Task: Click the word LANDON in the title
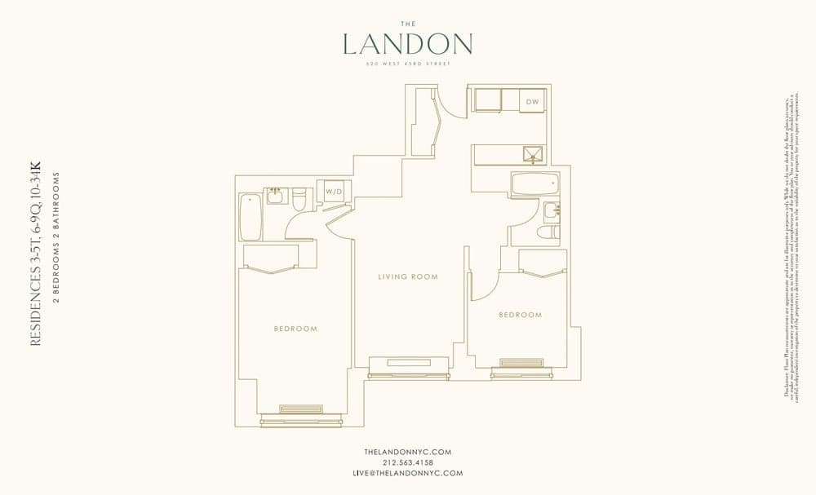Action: coord(407,43)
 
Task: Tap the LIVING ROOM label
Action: coord(408,277)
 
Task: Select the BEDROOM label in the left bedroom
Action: coord(295,329)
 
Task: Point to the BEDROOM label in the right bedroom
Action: coord(520,315)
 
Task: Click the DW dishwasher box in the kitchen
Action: coord(533,101)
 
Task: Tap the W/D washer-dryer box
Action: coord(335,192)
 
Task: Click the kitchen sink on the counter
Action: coord(533,154)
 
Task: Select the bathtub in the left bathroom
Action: coord(250,216)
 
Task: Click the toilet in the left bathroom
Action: coord(299,198)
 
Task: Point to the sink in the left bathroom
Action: coord(274,196)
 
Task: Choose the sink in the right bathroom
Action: coord(552,211)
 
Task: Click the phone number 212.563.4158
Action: coord(407,462)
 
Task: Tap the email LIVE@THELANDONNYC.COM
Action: coord(407,473)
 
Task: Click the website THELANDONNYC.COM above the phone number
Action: coord(407,452)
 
